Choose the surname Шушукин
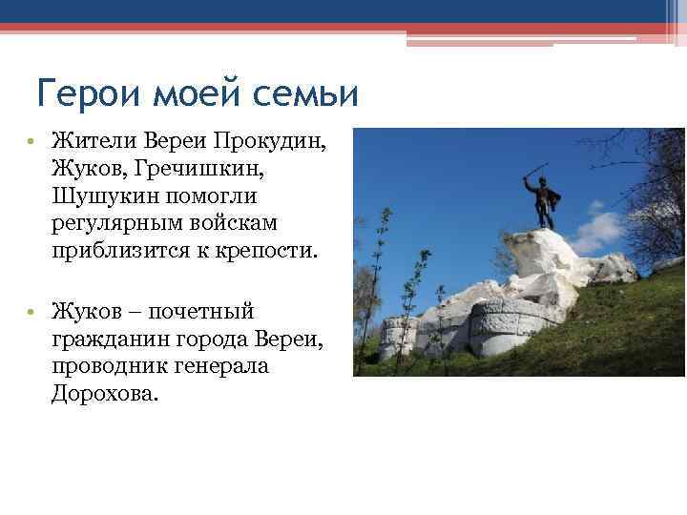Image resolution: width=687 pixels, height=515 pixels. (x=105, y=196)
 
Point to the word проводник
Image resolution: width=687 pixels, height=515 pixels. (x=108, y=367)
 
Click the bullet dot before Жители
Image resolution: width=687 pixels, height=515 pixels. (x=31, y=143)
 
